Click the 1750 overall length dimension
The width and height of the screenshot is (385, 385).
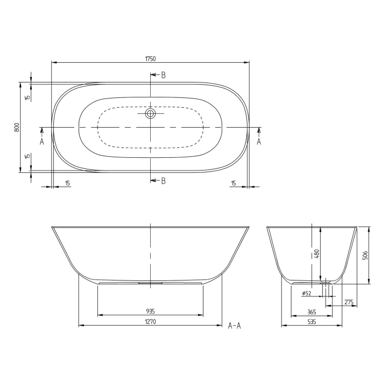click(x=150, y=58)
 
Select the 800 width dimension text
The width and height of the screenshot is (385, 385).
click(x=17, y=127)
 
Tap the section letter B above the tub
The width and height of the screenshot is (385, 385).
click(x=163, y=75)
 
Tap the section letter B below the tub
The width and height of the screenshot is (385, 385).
click(x=163, y=180)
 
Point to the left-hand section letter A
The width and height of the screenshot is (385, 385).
click(x=42, y=141)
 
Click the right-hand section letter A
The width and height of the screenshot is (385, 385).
click(x=259, y=141)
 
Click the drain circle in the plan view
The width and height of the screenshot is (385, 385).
click(x=150, y=114)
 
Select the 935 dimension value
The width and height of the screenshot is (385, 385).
click(x=150, y=311)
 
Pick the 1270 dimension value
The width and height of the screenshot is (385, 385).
click(x=150, y=322)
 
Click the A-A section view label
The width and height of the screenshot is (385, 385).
click(x=235, y=326)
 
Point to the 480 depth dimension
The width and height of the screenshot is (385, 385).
click(x=316, y=254)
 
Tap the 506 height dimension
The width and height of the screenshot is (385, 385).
click(x=365, y=255)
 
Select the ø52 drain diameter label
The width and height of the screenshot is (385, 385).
click(x=307, y=294)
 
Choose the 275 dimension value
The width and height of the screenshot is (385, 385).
click(x=348, y=302)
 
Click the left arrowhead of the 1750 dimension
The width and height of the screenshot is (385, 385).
click(x=53, y=62)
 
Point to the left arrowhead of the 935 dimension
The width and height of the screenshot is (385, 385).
click(x=100, y=315)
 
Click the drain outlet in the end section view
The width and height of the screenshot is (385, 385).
click(x=326, y=282)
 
